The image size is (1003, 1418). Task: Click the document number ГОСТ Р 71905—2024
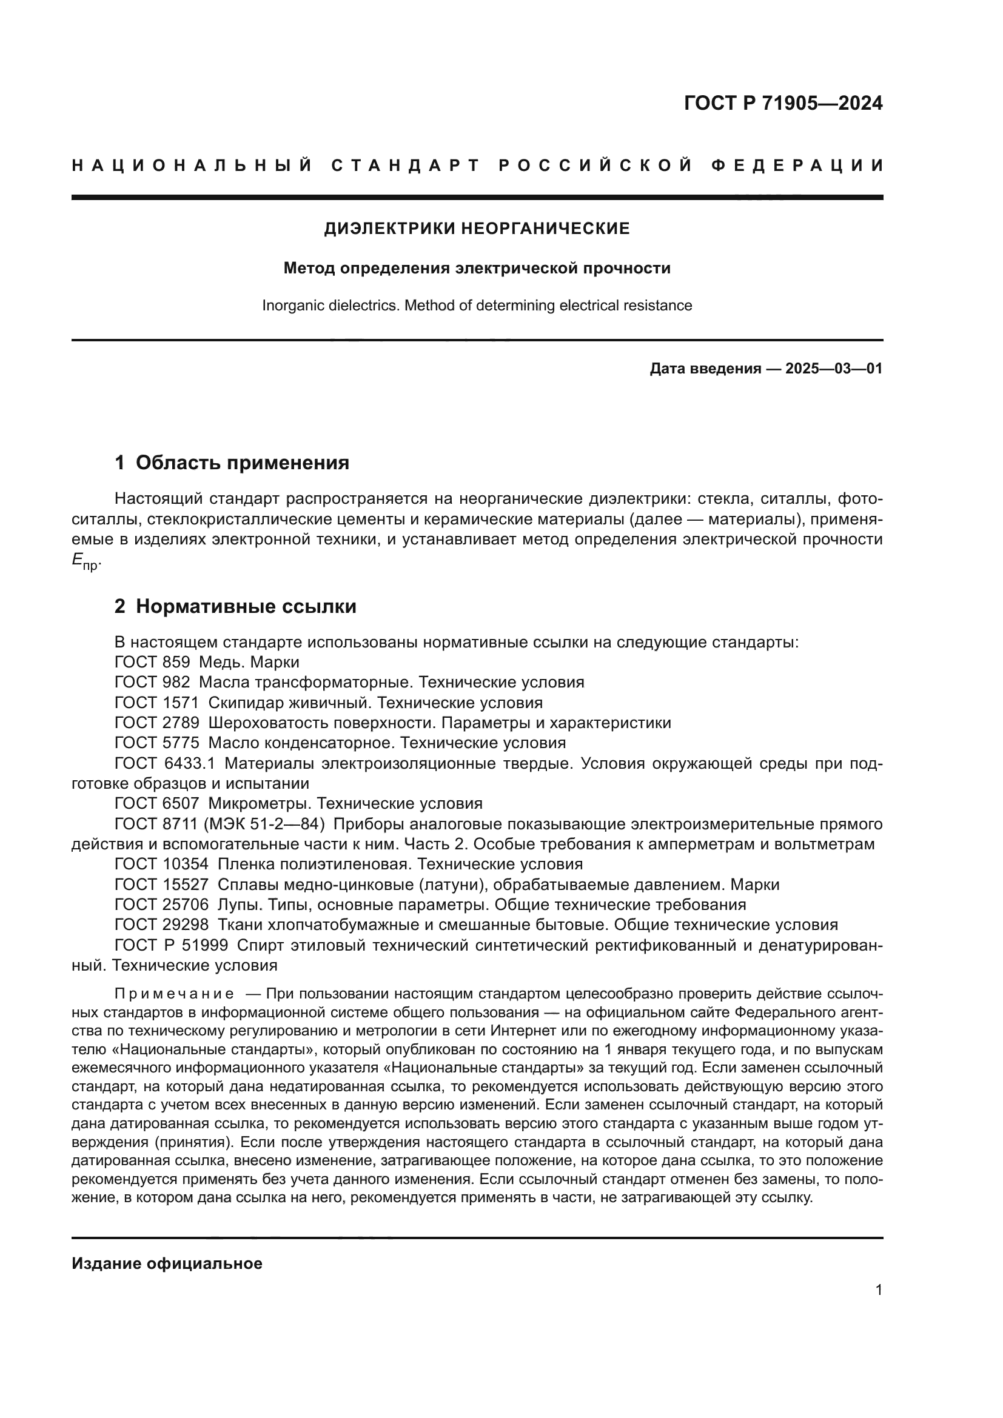coord(782,103)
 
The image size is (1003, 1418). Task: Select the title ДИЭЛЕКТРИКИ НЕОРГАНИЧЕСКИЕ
coord(477,229)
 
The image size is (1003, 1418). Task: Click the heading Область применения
coord(242,463)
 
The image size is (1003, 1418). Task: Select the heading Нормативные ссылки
coord(246,606)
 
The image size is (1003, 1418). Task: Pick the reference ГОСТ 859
coord(152,662)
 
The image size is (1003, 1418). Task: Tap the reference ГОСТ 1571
coord(157,703)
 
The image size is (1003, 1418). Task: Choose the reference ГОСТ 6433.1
coord(165,763)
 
